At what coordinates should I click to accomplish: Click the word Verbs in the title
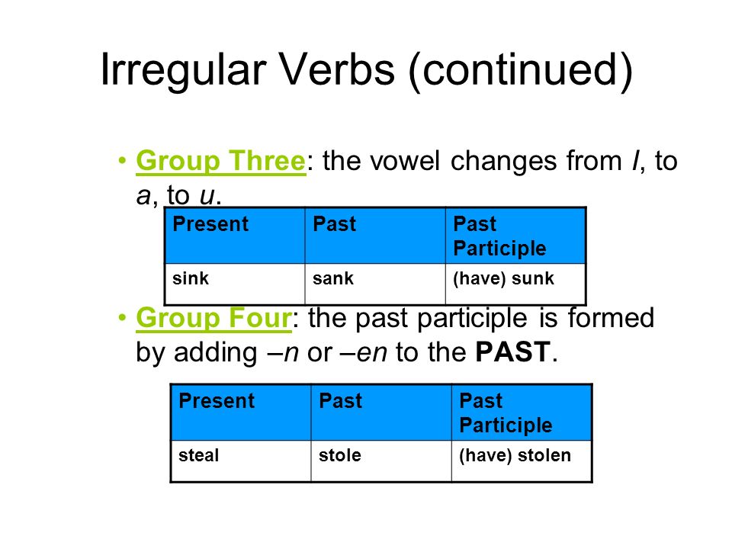tap(337, 69)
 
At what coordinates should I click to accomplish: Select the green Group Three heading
tap(221, 161)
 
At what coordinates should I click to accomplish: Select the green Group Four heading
tap(213, 319)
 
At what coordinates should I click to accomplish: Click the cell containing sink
tap(235, 284)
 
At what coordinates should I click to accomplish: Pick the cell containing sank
tap(375, 284)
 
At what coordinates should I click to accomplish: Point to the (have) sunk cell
tap(515, 284)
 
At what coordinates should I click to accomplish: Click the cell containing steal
tap(241, 461)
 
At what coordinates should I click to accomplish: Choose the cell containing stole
tap(381, 461)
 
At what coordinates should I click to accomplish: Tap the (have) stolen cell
tap(522, 461)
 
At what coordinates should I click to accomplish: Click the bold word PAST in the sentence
tap(512, 352)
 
